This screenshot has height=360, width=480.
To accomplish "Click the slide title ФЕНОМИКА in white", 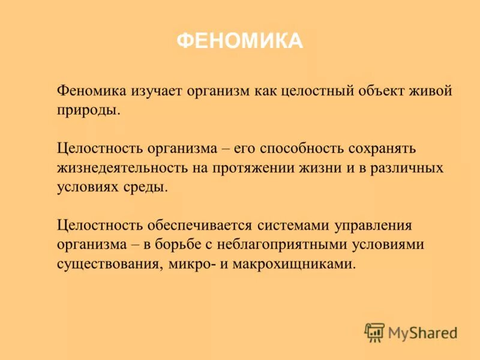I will click(x=240, y=41).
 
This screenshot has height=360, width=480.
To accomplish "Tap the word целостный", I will click(x=312, y=92).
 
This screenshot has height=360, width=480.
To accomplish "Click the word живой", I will click(x=431, y=92).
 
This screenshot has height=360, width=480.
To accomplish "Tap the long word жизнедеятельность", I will click(x=124, y=168).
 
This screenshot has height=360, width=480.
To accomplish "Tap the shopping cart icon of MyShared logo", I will click(x=374, y=332).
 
